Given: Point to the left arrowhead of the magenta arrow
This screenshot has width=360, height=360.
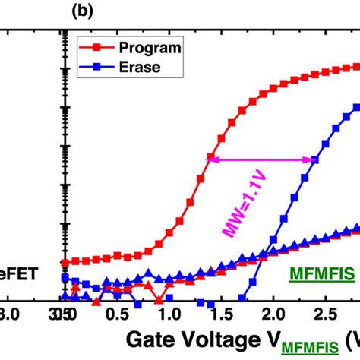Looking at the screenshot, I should click(x=213, y=159).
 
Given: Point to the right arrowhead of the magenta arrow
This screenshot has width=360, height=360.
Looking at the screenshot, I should click(x=314, y=159).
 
